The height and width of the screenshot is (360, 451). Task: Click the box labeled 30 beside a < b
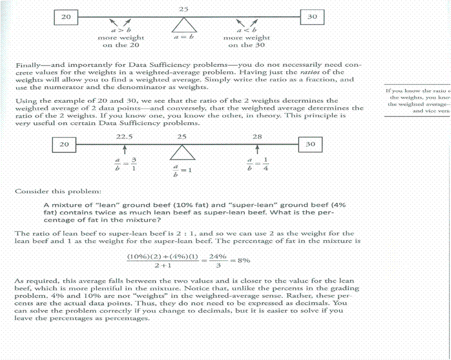(312, 17)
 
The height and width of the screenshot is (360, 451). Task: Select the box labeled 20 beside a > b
(66, 17)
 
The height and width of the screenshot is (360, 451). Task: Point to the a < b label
(247, 30)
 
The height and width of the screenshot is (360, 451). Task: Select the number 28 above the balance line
(257, 135)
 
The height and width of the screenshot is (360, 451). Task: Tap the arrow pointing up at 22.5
(125, 149)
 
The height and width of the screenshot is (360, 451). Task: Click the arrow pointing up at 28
(258, 149)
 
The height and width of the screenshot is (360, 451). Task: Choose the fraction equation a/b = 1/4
(257, 164)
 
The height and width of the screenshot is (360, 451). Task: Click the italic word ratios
(324, 72)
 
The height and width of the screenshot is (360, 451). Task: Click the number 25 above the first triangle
(185, 9)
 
